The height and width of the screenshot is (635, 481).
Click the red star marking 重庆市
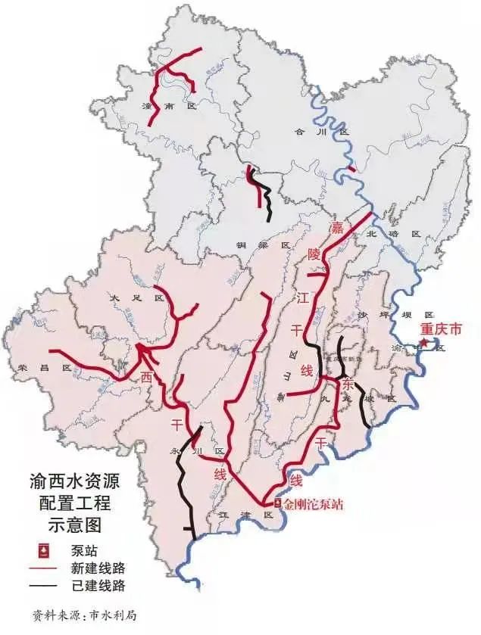pyautogui.click(x=426, y=343)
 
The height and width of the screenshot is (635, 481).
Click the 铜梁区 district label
pyautogui.click(x=266, y=246)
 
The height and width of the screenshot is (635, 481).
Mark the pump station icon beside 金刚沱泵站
pyautogui.click(x=276, y=503)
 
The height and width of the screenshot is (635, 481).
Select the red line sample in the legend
pyautogui.click(x=48, y=568)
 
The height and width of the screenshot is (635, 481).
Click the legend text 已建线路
pyautogui.click(x=98, y=586)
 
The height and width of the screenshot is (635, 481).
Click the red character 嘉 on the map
pyautogui.click(x=336, y=227)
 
